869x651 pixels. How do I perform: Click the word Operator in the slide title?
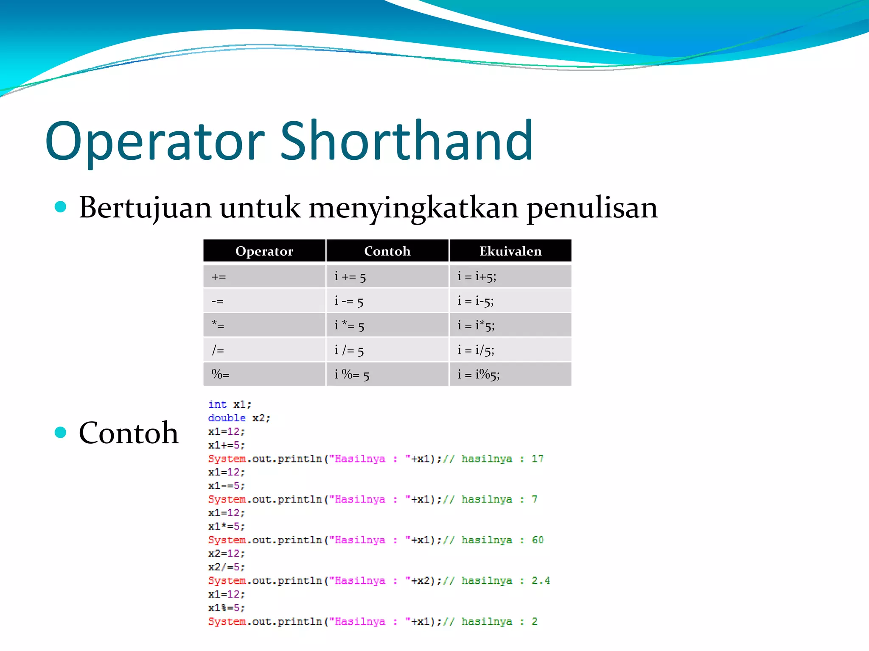[x=155, y=142]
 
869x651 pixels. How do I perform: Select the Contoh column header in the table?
[x=387, y=251]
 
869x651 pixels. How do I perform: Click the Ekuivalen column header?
[x=510, y=251]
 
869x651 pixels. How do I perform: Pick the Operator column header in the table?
[x=264, y=251]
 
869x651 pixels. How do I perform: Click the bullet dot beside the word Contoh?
[x=61, y=432]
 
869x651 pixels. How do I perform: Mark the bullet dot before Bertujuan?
[x=61, y=207]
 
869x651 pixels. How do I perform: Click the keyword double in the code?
[x=227, y=418]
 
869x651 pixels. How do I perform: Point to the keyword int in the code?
[x=217, y=404]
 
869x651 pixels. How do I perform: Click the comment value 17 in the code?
[x=537, y=459]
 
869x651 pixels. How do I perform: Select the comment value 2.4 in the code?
[x=540, y=581]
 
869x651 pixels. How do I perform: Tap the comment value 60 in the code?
[x=537, y=540]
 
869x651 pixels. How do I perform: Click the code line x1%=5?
[x=226, y=608]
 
